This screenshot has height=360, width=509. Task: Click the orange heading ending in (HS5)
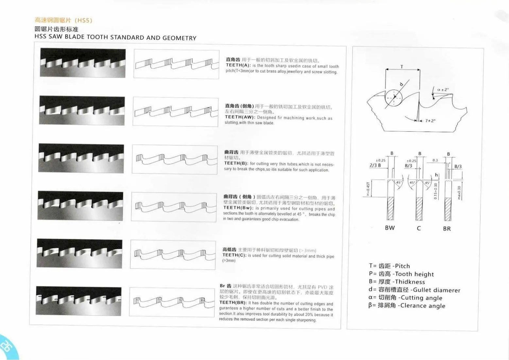pos(63,20)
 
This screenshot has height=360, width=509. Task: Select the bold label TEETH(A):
pos(238,65)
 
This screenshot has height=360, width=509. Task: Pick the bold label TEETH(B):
pos(236,163)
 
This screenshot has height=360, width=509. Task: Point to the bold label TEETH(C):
pos(234,255)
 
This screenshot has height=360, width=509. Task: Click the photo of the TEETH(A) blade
pos(83,63)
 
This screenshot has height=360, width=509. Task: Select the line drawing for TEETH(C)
pos(173,255)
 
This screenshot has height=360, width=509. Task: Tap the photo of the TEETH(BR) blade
pos(78,301)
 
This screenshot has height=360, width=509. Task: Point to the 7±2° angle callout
pos(430,121)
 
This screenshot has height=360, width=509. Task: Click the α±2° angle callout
pos(443,90)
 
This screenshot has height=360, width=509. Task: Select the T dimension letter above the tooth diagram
pos(402,67)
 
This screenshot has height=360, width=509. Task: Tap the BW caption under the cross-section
pos(390,228)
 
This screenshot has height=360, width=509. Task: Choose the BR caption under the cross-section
pos(447,229)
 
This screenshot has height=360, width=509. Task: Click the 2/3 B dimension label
pos(375,165)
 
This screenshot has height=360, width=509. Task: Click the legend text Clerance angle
pos(422,306)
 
